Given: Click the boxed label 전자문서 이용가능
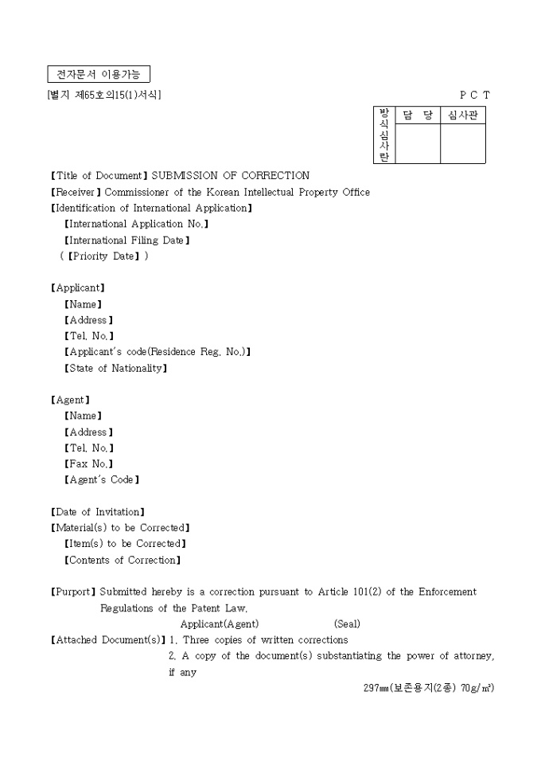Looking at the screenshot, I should (99, 75).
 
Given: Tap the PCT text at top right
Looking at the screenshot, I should (475, 96).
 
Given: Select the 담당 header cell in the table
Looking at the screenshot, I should (418, 115).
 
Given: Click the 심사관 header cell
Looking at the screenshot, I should (463, 115).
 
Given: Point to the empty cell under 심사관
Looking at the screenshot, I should (463, 144).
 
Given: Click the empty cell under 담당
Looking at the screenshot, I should (418, 144).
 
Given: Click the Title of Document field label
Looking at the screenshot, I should (99, 176).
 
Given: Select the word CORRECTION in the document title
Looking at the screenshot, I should (275, 176).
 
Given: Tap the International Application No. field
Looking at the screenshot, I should (136, 225).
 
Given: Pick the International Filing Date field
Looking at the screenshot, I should (126, 240).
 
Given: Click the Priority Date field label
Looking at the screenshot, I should (104, 256).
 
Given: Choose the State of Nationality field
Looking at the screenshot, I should (115, 369).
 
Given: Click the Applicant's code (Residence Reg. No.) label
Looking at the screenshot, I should (158, 352).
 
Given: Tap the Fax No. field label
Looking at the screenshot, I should (88, 464).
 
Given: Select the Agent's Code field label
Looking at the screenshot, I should (102, 480).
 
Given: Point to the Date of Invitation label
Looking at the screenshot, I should (97, 512).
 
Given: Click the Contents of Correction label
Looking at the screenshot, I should (123, 561).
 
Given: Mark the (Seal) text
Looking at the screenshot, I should (347, 624).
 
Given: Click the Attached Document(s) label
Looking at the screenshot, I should (107, 640).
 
